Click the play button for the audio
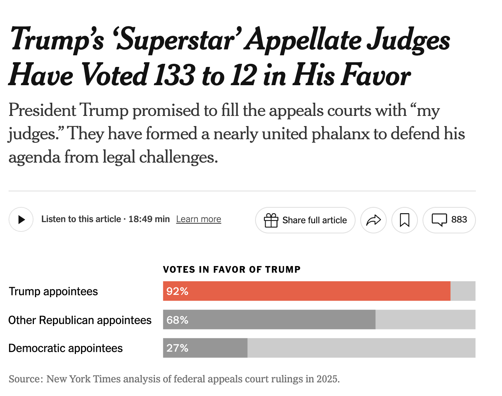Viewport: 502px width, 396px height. pyautogui.click(x=21, y=219)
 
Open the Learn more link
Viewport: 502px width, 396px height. pyautogui.click(x=199, y=219)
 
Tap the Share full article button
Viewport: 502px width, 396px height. pyautogui.click(x=305, y=220)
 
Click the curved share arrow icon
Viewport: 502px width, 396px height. pyautogui.click(x=373, y=220)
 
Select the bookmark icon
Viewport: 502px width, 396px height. pyautogui.click(x=405, y=220)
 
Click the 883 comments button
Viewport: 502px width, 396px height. pyautogui.click(x=449, y=220)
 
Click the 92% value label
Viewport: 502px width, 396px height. pyautogui.click(x=177, y=291)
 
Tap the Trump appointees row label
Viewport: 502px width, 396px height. pyautogui.click(x=53, y=291)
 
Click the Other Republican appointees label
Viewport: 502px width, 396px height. pyautogui.click(x=80, y=320)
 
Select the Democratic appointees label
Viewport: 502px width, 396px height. pyautogui.click(x=65, y=348)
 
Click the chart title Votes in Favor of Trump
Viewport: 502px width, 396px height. pyautogui.click(x=232, y=270)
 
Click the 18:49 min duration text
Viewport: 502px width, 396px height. pyautogui.click(x=149, y=219)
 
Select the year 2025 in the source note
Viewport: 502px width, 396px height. pyautogui.click(x=327, y=379)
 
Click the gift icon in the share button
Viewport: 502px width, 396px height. pyautogui.click(x=271, y=220)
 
